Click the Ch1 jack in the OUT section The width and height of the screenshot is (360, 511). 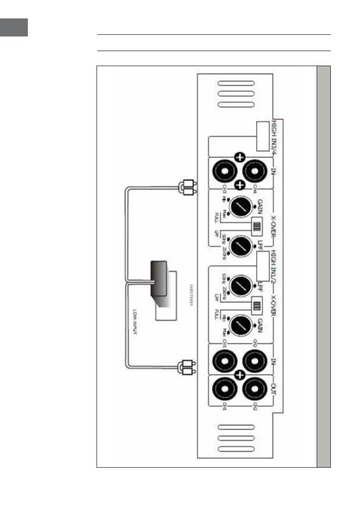(224, 391)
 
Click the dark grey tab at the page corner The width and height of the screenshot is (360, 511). (14, 27)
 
